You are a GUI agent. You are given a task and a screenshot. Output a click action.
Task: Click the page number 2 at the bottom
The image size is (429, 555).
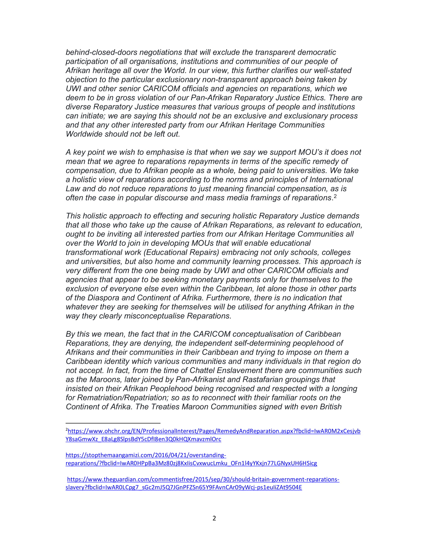(x=214, y=518)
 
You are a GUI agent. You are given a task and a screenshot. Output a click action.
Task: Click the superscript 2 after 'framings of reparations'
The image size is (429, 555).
(x=335, y=196)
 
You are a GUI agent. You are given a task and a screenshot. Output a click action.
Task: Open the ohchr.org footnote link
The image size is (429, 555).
(x=213, y=431)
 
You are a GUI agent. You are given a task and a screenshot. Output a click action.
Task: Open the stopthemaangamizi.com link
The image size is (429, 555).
(x=146, y=455)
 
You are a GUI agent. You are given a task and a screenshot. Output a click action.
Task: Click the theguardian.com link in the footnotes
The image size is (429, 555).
(x=203, y=479)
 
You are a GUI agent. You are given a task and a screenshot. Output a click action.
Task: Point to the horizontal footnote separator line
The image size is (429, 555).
(x=113, y=423)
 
